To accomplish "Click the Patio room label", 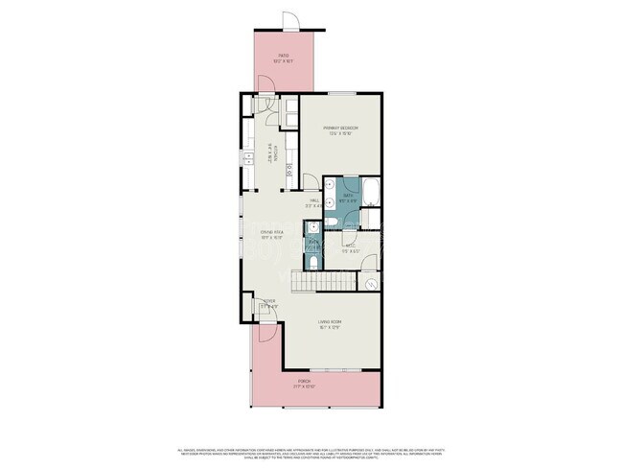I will (284, 58).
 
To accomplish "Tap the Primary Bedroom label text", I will (340, 129).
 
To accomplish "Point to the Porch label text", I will (304, 384).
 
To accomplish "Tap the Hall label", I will (312, 202).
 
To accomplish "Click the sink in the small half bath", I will (311, 228).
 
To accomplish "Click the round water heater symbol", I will (370, 284).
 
